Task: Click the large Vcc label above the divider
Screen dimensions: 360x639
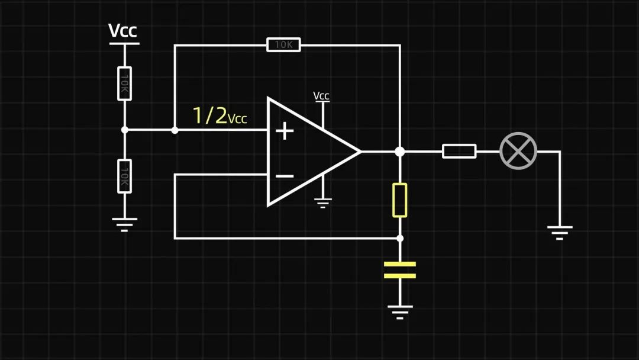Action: tap(123, 31)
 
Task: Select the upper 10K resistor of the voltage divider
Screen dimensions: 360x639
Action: tap(124, 83)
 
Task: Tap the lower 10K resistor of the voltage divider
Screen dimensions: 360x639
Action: tap(124, 176)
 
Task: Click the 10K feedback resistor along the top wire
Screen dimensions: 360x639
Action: tap(284, 44)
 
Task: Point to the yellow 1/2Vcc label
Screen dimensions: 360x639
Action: tap(220, 115)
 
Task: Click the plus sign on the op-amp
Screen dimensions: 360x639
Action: tap(285, 131)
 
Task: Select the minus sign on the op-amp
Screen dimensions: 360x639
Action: tap(285, 176)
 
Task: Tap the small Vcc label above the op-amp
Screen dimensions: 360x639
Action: tap(321, 96)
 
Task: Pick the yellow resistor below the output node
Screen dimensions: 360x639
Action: tap(400, 200)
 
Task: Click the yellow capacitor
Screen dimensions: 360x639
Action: tap(400, 270)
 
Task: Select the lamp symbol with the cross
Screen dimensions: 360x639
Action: tap(518, 151)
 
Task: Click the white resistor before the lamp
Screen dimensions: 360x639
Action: tap(459, 151)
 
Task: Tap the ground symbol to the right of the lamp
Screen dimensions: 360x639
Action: tap(559, 232)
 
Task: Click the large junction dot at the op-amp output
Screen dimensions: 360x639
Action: tap(400, 151)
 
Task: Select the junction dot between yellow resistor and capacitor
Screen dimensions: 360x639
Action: tap(400, 238)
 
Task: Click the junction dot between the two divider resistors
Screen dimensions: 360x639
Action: tap(124, 130)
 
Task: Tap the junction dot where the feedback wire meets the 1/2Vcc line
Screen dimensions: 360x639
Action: tap(175, 130)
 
